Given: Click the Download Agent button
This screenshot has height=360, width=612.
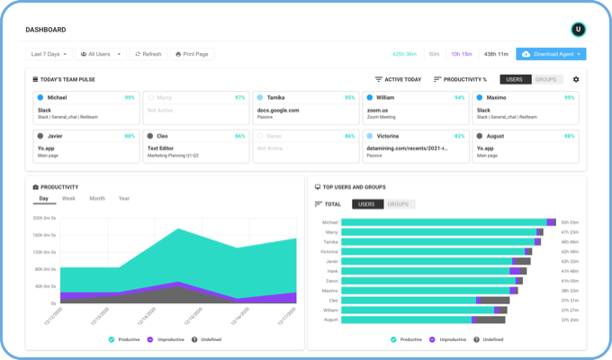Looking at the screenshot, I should point(551,54).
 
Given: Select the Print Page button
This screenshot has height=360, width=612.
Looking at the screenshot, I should point(192,54).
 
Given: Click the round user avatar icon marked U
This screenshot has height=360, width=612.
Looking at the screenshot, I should point(578,29).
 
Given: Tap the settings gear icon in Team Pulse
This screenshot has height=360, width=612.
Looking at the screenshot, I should point(576,79).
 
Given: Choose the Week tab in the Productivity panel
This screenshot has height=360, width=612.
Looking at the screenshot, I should point(68,198).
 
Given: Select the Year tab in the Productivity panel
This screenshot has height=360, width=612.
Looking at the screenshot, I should point(123,198).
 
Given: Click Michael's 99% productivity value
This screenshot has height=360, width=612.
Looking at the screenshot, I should point(130,97).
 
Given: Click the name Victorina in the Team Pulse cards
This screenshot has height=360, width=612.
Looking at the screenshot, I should point(392,136).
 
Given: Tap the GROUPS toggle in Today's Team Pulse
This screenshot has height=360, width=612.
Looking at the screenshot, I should point(546,79).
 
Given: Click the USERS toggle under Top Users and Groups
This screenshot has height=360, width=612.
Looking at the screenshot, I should point(366,204).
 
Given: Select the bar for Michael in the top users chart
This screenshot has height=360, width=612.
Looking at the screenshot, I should point(436,221).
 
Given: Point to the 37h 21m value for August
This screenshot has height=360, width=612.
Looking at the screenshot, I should point(569,319).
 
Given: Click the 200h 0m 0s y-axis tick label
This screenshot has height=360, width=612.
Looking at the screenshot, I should point(44,217).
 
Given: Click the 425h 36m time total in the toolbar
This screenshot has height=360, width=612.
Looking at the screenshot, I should point(403,54).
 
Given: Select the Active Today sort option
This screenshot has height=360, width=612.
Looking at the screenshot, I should point(399,79).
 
